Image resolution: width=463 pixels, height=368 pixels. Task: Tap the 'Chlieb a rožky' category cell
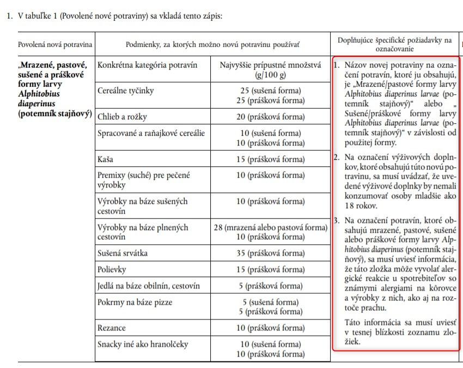122,117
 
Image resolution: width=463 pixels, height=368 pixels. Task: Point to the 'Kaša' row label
107,159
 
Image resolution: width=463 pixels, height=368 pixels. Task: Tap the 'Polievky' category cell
113,270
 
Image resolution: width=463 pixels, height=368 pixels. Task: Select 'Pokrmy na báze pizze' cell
135,301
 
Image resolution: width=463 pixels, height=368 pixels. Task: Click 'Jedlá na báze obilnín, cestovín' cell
148,286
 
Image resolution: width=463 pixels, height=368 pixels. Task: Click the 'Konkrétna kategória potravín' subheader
147,65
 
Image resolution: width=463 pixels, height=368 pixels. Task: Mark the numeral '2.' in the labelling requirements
337,158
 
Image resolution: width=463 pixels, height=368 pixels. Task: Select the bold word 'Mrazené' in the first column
41,65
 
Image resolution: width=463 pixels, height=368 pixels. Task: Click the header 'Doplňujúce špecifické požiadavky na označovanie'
395,44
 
